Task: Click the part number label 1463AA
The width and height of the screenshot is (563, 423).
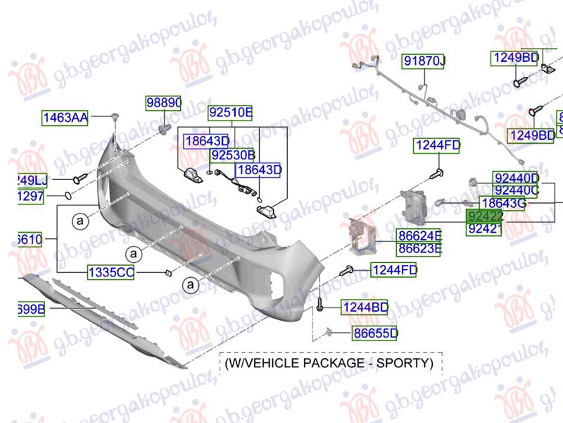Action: point(64,118)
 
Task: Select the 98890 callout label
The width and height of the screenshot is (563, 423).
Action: point(163,104)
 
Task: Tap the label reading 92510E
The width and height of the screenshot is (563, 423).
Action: point(230,112)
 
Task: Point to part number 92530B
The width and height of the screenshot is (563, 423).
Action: point(233,154)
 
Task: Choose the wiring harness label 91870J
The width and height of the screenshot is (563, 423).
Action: point(424,63)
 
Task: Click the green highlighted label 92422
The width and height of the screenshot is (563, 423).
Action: point(484,216)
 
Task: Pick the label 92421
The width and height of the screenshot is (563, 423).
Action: point(484,228)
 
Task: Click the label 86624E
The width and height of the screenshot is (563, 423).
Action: point(419,235)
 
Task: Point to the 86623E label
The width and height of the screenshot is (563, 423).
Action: point(419,248)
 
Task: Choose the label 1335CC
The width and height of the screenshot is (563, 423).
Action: point(110,272)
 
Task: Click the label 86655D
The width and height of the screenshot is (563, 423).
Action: point(375,333)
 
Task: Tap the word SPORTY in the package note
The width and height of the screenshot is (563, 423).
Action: point(407,363)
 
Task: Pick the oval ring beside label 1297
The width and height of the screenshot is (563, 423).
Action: point(63,195)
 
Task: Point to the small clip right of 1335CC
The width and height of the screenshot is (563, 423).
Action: point(167,271)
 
